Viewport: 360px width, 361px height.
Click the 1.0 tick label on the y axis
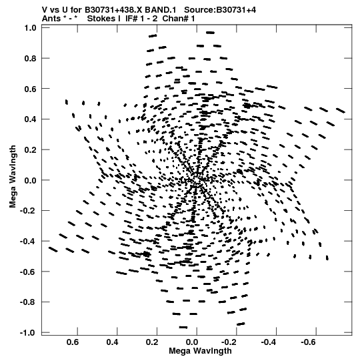[31, 28]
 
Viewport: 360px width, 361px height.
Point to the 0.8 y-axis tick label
[31, 59]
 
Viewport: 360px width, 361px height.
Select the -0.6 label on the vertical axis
[28, 272]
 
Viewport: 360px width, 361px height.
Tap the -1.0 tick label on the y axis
[28, 333]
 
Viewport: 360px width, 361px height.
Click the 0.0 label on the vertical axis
[31, 180]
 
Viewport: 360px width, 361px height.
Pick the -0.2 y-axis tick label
[28, 211]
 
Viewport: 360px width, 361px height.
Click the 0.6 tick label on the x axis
[73, 342]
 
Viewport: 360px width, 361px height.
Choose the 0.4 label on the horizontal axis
[113, 342]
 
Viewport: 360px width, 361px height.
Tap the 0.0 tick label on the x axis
[192, 342]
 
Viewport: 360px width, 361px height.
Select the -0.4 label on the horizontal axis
[269, 342]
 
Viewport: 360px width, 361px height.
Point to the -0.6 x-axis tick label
[309, 342]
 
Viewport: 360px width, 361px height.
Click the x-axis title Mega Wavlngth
[200, 351]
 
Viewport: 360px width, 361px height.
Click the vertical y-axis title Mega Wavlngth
[13, 176]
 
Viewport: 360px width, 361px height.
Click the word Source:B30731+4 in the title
[220, 10]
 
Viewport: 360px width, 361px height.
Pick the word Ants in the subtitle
[51, 19]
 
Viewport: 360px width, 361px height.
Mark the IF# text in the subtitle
[131, 19]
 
